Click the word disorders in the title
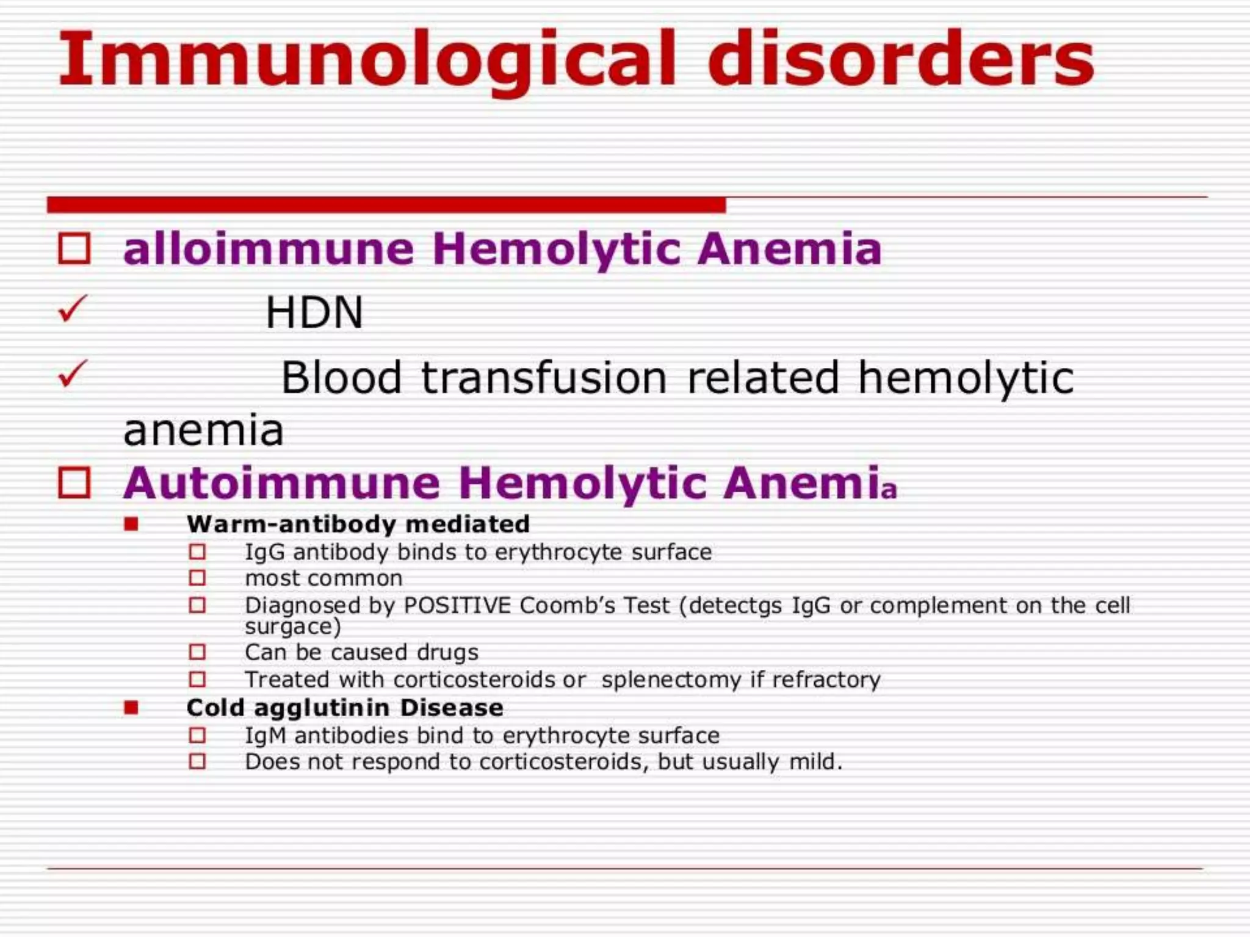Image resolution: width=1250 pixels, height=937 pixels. pyautogui.click(x=901, y=60)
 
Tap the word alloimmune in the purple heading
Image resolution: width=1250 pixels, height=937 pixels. pyautogui.click(x=269, y=250)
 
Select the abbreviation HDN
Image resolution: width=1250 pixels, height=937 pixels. pyautogui.click(x=314, y=312)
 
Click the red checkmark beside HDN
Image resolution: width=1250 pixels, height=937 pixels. pyautogui.click(x=73, y=309)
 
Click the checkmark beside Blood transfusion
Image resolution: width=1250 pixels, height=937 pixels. pyautogui.click(x=73, y=373)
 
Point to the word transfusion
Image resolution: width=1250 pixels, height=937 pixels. pyautogui.click(x=544, y=378)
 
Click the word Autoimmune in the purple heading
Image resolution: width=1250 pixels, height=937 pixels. pyautogui.click(x=281, y=483)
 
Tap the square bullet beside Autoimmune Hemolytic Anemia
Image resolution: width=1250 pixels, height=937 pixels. pyautogui.click(x=74, y=483)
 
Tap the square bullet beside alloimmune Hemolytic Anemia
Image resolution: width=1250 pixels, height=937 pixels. pyautogui.click(x=74, y=249)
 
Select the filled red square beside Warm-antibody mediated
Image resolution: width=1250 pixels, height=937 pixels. pyautogui.click(x=131, y=524)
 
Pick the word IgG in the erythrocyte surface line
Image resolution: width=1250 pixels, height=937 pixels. pyautogui.click(x=265, y=552)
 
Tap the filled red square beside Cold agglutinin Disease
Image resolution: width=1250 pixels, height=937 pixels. pyautogui.click(x=131, y=708)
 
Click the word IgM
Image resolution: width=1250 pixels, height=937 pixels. pyautogui.click(x=266, y=736)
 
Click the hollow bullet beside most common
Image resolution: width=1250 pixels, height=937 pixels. pyautogui.click(x=197, y=578)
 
